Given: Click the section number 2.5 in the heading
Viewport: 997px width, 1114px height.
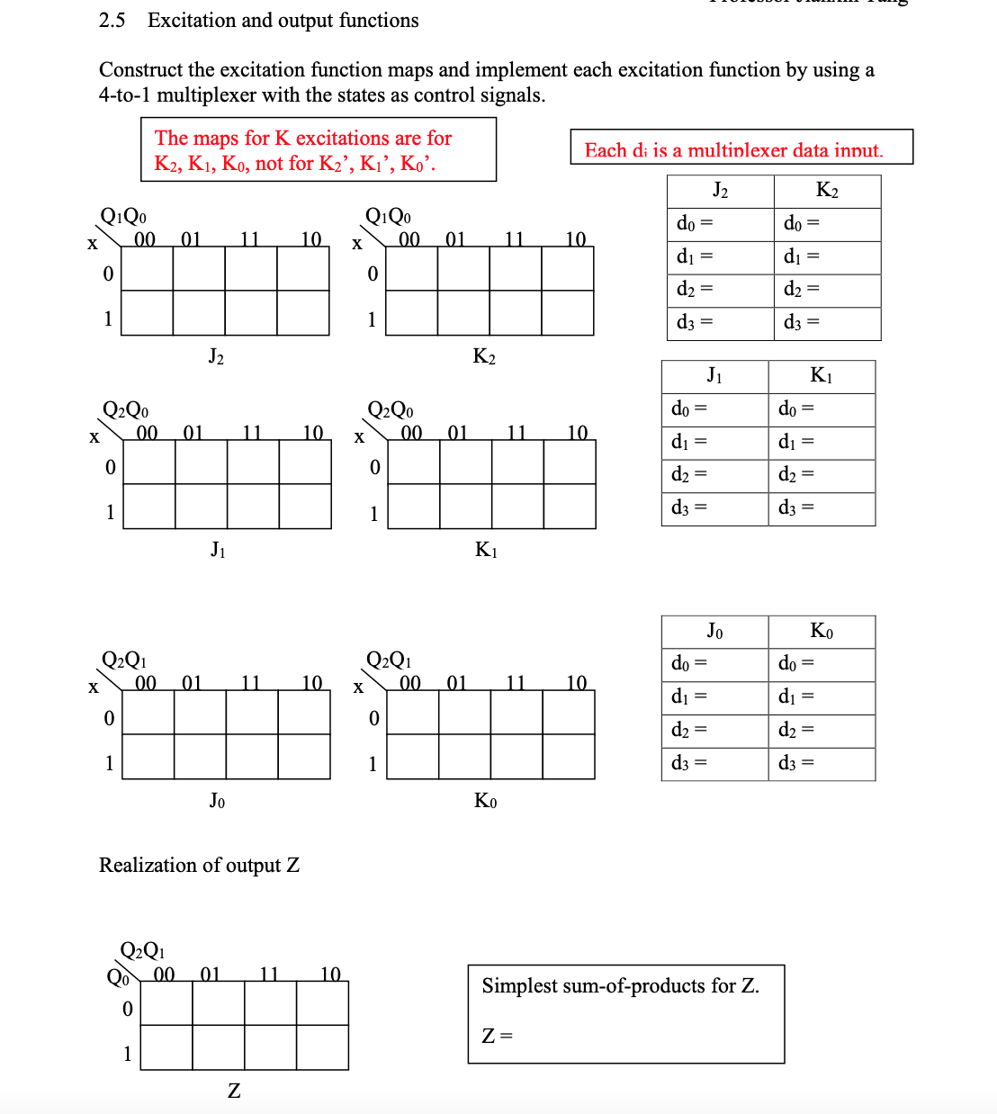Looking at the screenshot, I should [x=112, y=21].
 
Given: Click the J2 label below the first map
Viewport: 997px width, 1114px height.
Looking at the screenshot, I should [x=216, y=357].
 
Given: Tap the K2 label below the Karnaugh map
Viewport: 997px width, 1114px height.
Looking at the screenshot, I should [x=484, y=357].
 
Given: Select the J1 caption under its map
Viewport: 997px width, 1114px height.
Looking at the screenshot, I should [x=218, y=549].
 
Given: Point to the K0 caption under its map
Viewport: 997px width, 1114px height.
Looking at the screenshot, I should [x=485, y=801].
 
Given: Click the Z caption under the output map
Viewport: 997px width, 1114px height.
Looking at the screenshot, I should [x=234, y=1091].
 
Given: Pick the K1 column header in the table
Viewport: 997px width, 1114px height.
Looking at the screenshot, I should [x=821, y=375].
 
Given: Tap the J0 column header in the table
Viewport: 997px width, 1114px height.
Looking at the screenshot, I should [x=714, y=631].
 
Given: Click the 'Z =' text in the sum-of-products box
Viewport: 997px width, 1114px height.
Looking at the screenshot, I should [x=498, y=1036].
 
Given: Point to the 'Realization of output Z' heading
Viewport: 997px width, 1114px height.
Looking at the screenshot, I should [x=199, y=866].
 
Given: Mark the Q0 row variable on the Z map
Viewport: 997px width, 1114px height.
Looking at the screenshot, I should [x=117, y=977].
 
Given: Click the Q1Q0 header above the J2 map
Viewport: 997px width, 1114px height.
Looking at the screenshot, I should [x=123, y=217].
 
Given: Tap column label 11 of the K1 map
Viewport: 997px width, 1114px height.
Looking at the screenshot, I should [x=516, y=433].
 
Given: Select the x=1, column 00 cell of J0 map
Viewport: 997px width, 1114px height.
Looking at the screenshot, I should [x=148, y=757].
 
